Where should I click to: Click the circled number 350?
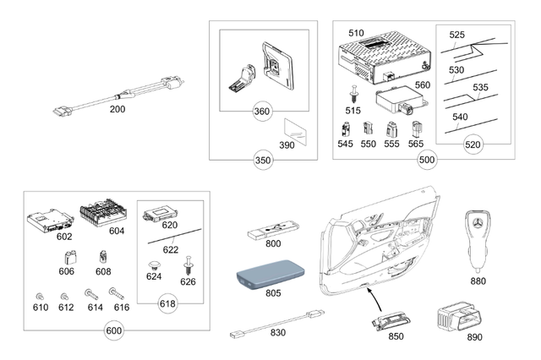pos(263,161)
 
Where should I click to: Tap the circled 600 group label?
pos(114,330)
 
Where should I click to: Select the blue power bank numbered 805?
pos(271,274)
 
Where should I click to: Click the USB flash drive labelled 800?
pos(273,231)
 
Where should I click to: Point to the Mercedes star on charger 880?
pos(478,223)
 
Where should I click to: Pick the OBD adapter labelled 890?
pos(459,317)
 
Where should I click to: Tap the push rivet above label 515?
pos(353,94)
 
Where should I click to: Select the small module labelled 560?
pos(402,99)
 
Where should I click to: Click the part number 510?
pos(356,33)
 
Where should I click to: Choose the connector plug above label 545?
pos(345,130)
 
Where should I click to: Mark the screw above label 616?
pos(117,294)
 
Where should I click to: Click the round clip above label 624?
pos(154,266)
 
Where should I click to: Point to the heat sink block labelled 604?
pos(103,212)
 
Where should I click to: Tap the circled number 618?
pos(167,303)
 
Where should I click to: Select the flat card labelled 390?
pos(295,132)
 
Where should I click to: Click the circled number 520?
pos(473,145)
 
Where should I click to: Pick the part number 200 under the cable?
pos(117,109)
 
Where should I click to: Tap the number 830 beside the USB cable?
pos(278,333)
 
